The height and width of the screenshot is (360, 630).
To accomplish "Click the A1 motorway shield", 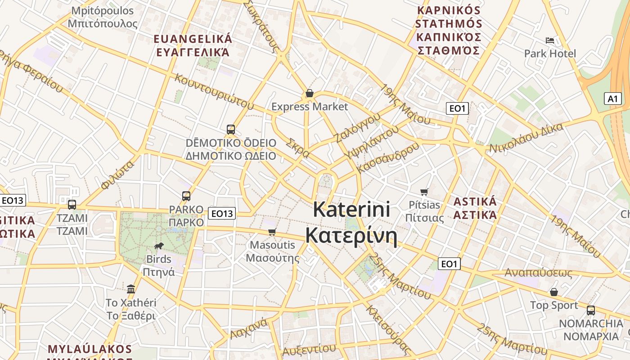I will point(612,99).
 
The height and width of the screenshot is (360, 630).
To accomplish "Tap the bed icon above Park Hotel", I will point(549,40).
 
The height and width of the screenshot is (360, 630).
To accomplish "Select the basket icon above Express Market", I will point(310,93).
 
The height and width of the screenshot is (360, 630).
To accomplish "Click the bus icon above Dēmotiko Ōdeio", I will point(231,130).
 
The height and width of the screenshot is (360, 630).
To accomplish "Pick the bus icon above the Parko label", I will point(186,196).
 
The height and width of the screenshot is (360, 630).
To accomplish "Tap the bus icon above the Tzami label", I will point(72,205).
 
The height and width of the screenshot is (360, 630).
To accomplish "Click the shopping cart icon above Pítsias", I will point(424,192).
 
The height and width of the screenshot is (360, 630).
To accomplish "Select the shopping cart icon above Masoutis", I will point(272,232).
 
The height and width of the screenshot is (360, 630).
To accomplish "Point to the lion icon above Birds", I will point(159,246).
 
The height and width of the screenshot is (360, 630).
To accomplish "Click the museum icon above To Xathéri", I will point(131,288).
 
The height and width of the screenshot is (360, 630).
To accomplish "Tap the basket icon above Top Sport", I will point(554,292).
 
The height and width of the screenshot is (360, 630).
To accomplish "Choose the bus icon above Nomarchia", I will point(591,310).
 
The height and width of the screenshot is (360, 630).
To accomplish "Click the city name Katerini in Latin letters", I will point(351,210).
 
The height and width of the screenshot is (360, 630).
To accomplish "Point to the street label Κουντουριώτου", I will point(214,91).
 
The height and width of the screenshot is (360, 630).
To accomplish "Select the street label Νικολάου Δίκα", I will point(526,138).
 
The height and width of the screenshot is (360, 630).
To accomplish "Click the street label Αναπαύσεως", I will point(538,273).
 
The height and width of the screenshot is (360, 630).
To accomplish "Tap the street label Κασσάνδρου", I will point(388,157).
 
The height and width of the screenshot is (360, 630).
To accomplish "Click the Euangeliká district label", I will point(193,39).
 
